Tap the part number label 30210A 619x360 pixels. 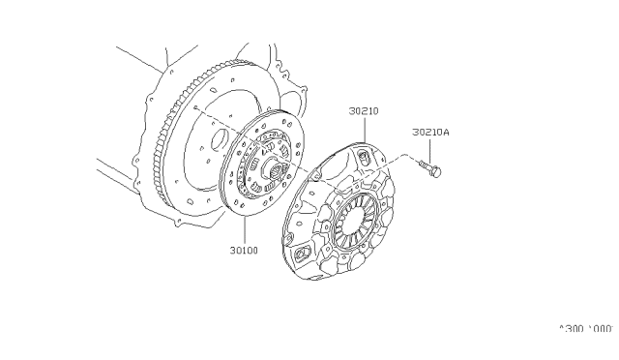tap(430, 133)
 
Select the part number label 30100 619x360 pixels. tap(243, 249)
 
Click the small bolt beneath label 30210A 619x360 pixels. tap(430, 172)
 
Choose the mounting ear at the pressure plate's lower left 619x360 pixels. tap(299, 253)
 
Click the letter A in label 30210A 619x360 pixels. tap(446, 133)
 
